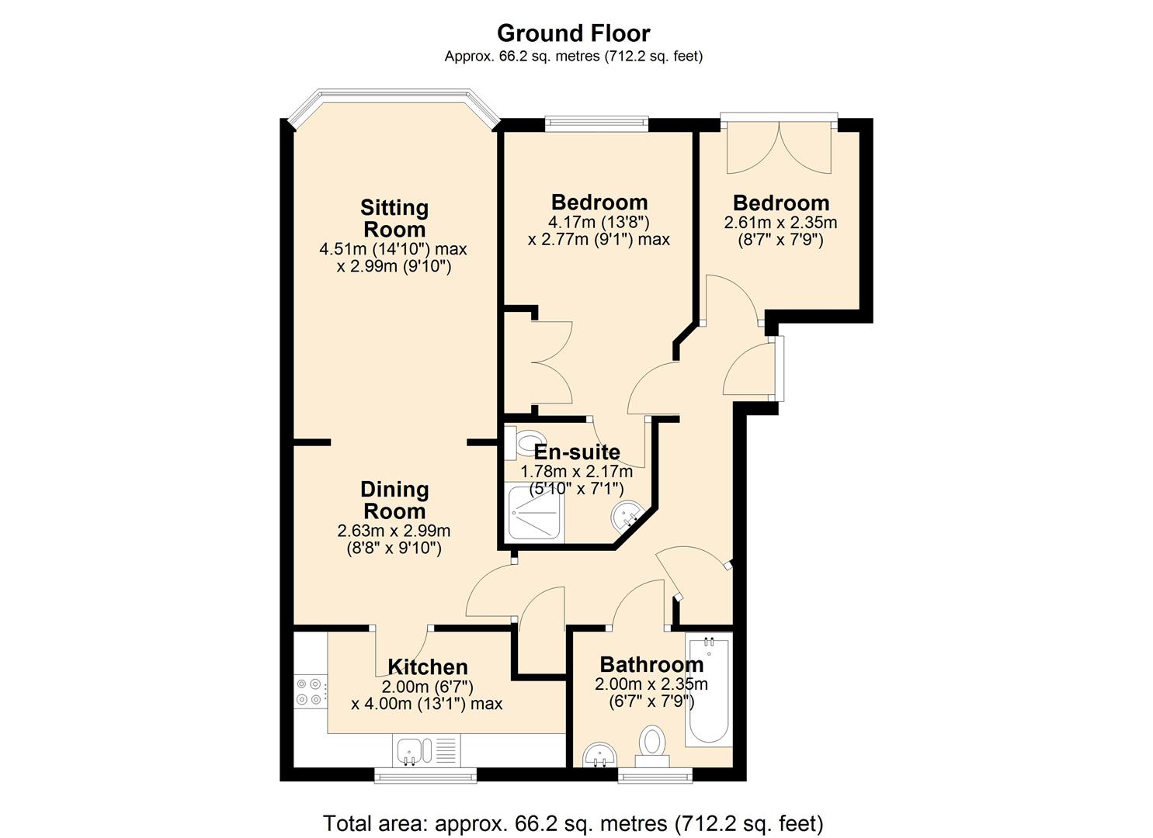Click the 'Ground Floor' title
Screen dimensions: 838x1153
pyautogui.click(x=573, y=33)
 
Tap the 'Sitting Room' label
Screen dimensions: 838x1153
pyautogui.click(x=394, y=219)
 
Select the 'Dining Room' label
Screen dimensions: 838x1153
pyautogui.click(x=394, y=500)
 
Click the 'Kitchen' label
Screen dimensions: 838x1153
pyautogui.click(x=428, y=667)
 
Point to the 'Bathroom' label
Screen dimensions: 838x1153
pyautogui.click(x=651, y=664)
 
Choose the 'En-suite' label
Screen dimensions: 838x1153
pyautogui.click(x=577, y=452)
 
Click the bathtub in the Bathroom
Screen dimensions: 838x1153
pyautogui.click(x=707, y=689)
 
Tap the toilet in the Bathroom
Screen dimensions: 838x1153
pyautogui.click(x=651, y=743)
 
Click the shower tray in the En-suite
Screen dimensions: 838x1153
pyautogui.click(x=534, y=514)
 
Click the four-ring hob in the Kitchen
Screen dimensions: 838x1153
pyautogui.click(x=310, y=691)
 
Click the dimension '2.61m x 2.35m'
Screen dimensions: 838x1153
pyautogui.click(x=780, y=223)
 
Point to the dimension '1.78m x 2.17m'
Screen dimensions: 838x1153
pyautogui.click(x=576, y=472)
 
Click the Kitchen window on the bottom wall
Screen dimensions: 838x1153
pyautogui.click(x=425, y=775)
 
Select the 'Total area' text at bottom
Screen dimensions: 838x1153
pyautogui.click(x=573, y=822)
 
